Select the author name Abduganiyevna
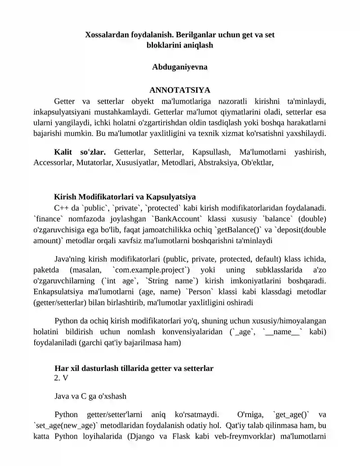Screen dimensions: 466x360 coord(180,67)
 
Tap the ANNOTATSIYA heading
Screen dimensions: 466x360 coord(180,90)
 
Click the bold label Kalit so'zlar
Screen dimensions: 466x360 coord(80,153)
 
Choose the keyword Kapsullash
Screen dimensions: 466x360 coord(211,153)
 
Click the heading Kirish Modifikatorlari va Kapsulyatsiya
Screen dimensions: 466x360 coord(125,197)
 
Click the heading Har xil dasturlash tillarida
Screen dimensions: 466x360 coord(134,368)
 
